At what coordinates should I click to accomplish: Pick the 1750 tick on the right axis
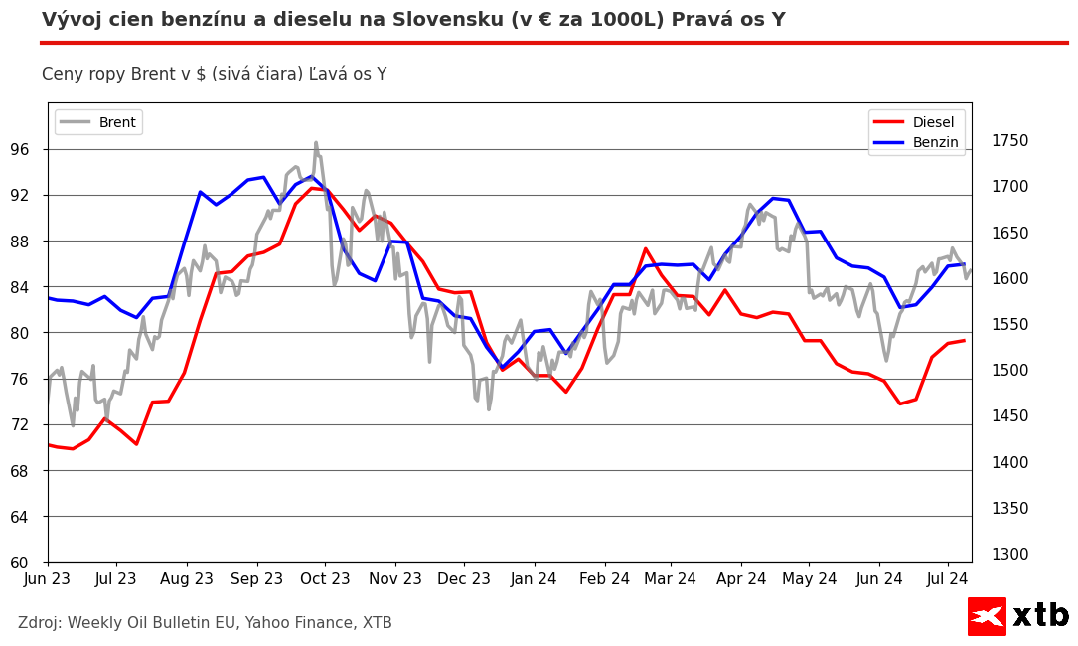click(1009, 141)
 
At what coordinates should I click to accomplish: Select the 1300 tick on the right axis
click(1009, 555)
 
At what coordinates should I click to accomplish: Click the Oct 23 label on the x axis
click(325, 578)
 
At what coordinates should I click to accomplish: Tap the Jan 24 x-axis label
click(535, 578)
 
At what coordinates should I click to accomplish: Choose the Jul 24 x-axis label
click(948, 578)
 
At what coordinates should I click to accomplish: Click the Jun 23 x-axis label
click(48, 578)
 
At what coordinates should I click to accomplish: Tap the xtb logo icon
click(987, 616)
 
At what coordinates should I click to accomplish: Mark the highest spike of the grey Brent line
click(316, 143)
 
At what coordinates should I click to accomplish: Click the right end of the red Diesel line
click(964, 341)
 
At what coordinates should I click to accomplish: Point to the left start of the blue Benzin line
click(49, 298)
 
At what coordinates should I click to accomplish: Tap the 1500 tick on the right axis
click(1009, 371)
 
